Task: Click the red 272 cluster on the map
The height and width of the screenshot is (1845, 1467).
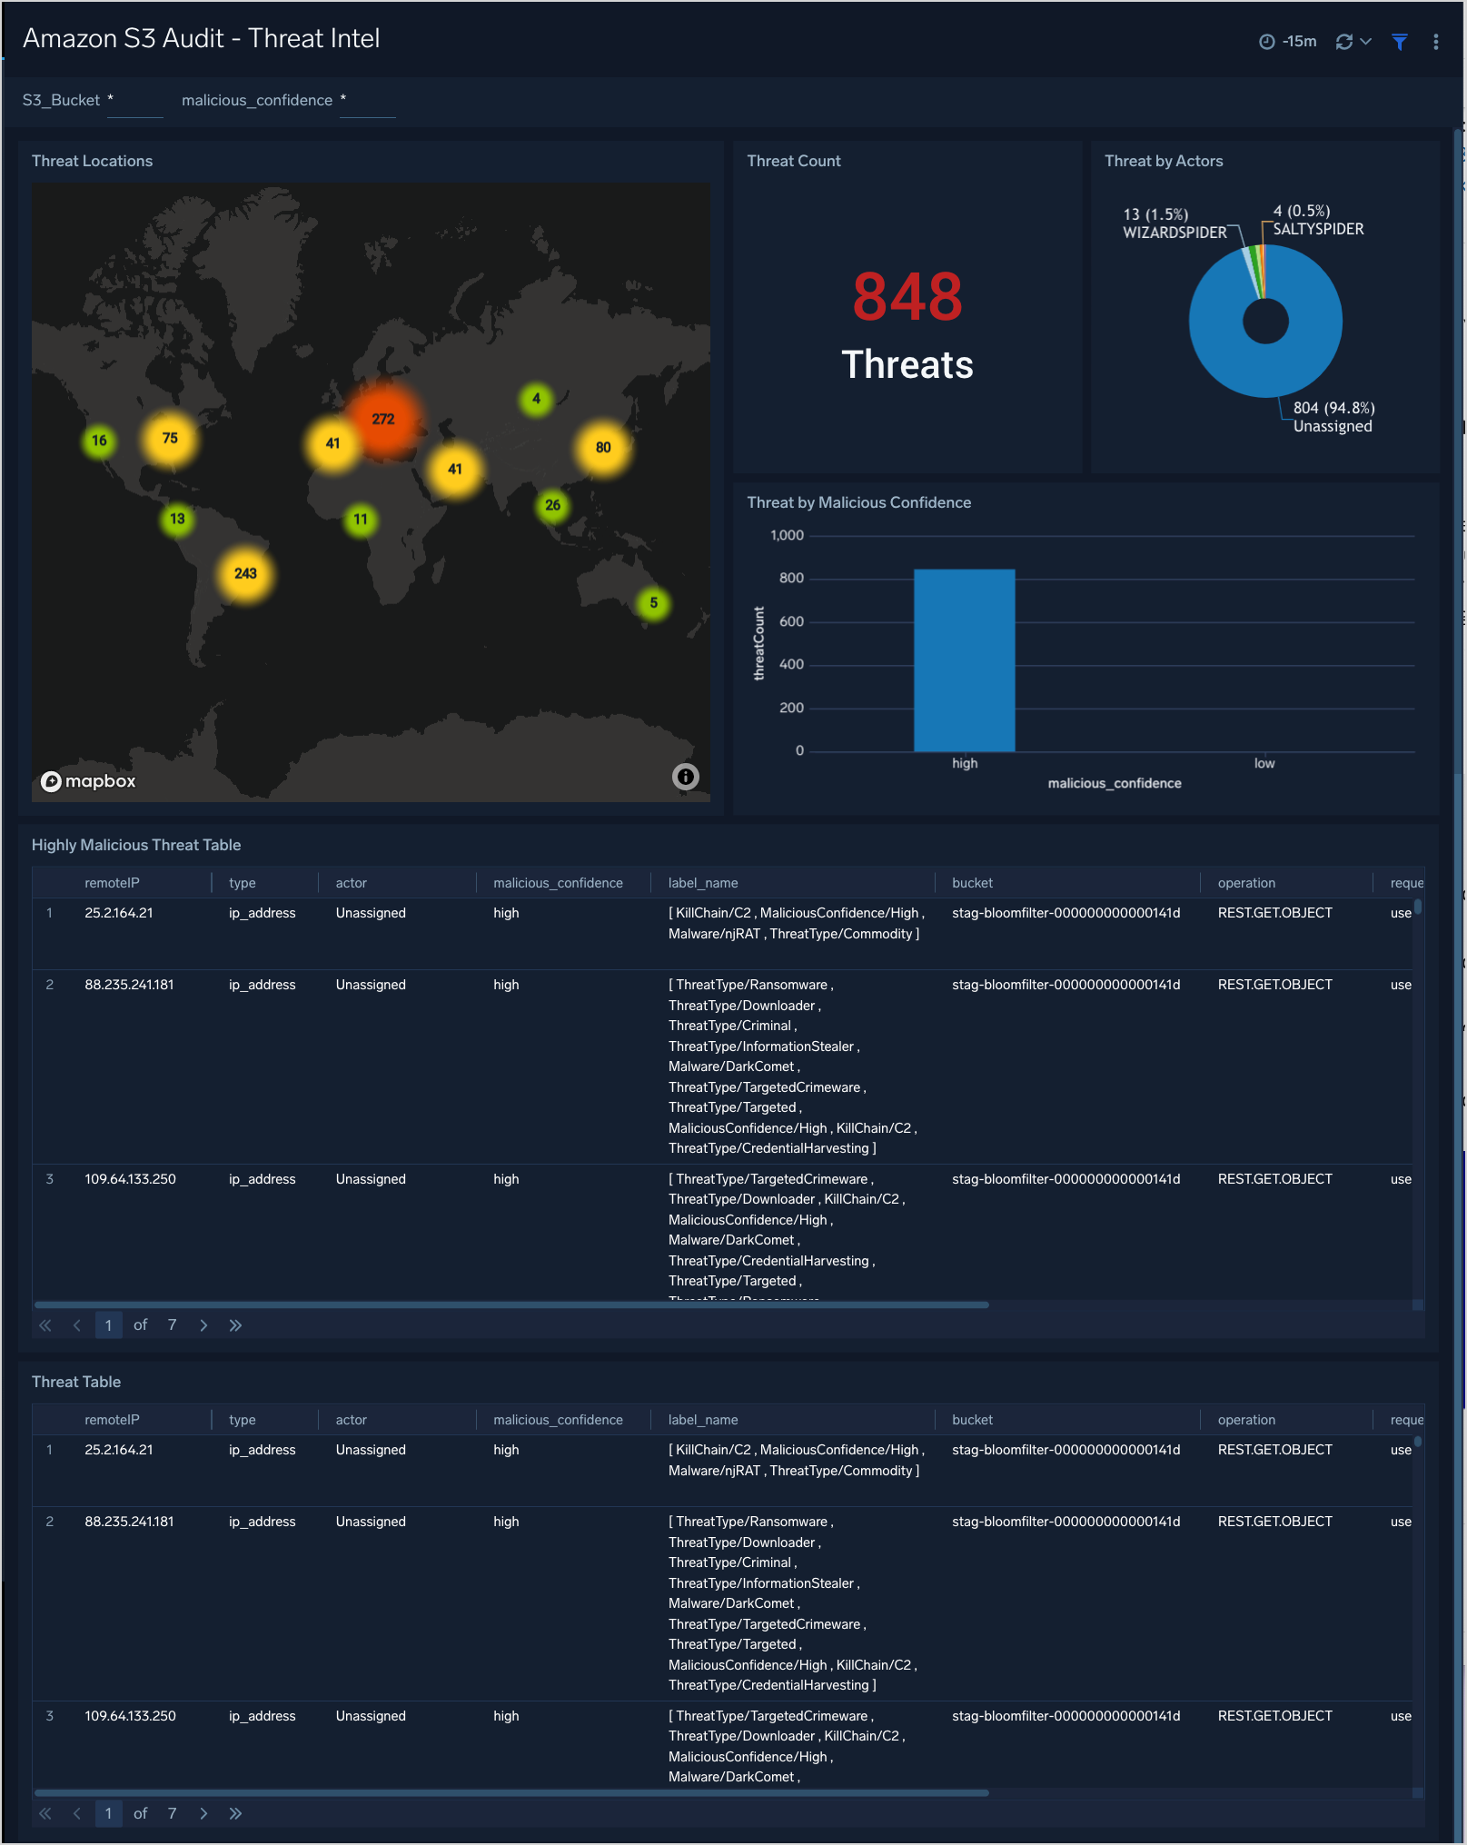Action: [383, 420]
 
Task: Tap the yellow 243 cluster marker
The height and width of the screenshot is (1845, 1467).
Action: [245, 574]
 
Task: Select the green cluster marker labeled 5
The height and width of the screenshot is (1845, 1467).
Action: [653, 603]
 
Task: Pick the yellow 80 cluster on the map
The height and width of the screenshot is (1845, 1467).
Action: [603, 448]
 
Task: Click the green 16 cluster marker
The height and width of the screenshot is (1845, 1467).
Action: [99, 441]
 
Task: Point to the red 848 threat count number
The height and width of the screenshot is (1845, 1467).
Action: [907, 298]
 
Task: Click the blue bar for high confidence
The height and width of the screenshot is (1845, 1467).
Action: [964, 660]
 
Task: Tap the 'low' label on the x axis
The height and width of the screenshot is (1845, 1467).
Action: [1264, 764]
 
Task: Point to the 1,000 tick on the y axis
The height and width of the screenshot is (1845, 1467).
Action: [787, 536]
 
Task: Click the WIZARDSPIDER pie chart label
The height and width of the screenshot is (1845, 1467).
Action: [1174, 233]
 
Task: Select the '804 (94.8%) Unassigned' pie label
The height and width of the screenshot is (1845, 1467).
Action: [1333, 418]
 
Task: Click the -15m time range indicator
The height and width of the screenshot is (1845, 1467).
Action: [1288, 42]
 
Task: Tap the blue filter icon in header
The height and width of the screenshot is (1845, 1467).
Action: [1399, 42]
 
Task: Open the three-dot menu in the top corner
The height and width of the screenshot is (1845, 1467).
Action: [1435, 42]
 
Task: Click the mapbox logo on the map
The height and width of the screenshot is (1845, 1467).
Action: [89, 781]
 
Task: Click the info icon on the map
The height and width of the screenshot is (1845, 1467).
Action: [685, 777]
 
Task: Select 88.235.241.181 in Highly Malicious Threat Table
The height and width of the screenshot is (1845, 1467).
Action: [129, 985]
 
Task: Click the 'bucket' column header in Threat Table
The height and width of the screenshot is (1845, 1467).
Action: [972, 1420]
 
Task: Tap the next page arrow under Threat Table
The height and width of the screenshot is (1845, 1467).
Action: [203, 1814]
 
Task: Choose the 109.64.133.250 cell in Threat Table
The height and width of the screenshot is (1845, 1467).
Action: [130, 1716]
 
